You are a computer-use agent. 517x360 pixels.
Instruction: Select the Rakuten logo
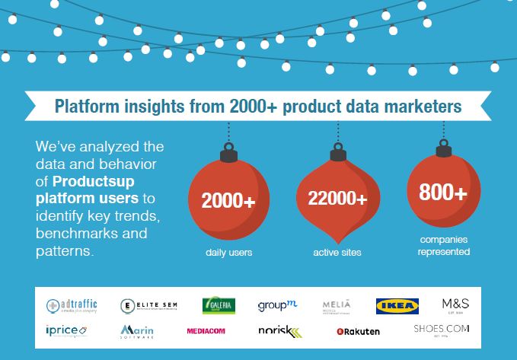358,331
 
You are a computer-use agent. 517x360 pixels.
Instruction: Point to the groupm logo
276,306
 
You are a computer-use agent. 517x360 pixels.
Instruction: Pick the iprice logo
66,330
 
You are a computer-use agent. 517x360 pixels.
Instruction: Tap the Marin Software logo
138,331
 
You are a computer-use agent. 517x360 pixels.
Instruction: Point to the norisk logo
279,331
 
